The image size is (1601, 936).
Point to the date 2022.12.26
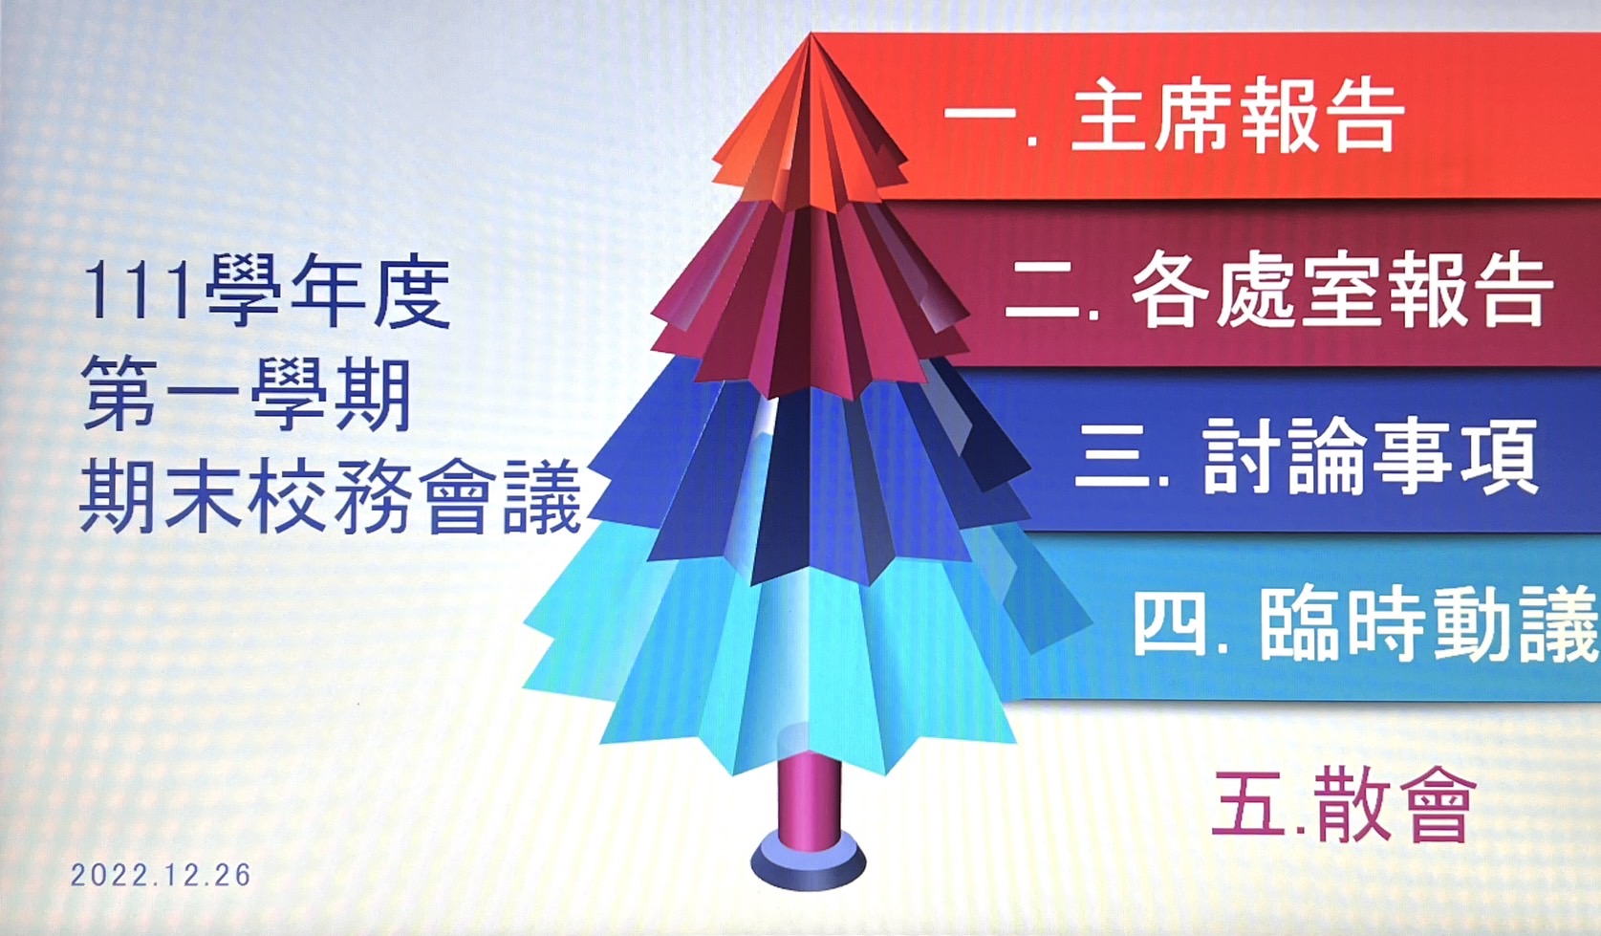point(161,875)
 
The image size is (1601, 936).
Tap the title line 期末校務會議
point(330,497)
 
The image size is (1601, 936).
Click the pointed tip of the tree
point(811,34)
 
